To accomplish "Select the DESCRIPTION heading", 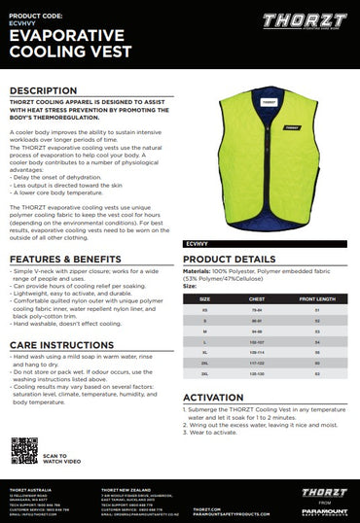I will (43, 90).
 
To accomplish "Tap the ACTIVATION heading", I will (213, 398).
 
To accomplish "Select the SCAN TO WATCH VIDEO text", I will (55, 458).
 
